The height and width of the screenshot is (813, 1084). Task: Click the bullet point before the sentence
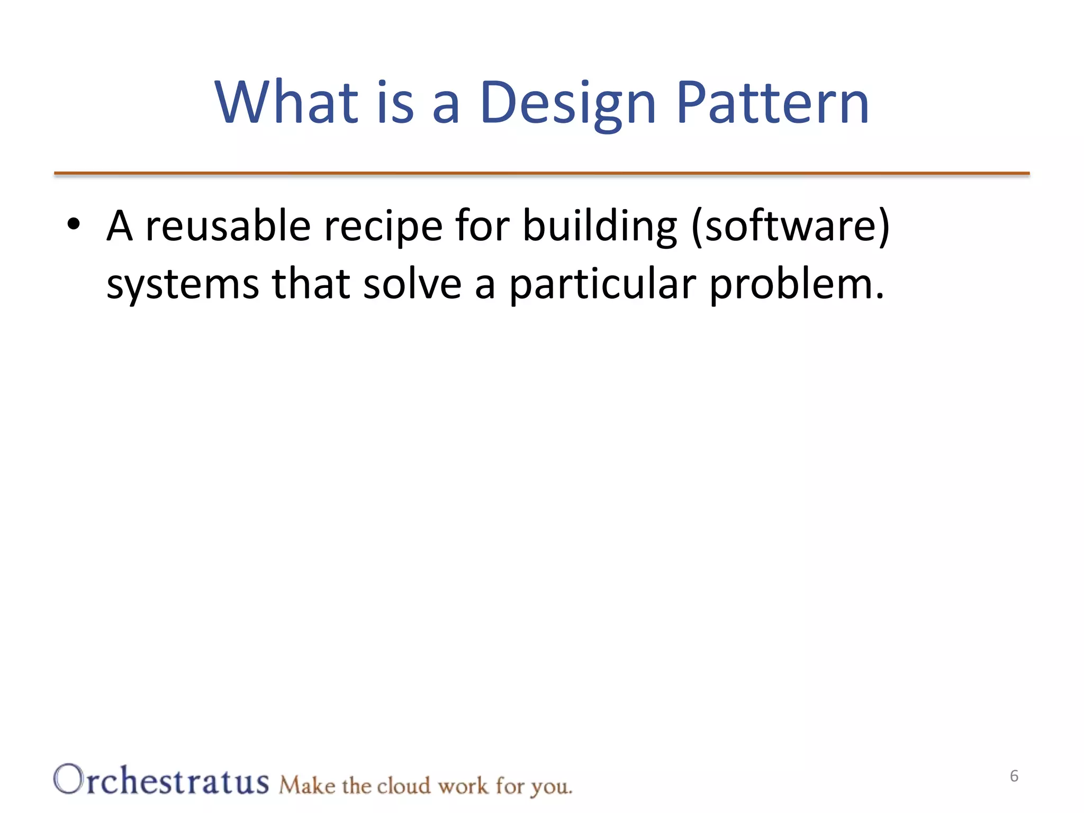(74, 224)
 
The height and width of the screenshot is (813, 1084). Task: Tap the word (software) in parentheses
(791, 227)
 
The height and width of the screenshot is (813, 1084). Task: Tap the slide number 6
(1014, 776)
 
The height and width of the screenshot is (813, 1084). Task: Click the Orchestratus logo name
(161, 780)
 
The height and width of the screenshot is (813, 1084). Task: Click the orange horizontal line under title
(541, 173)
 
